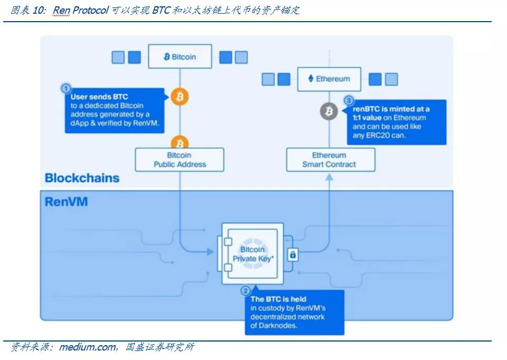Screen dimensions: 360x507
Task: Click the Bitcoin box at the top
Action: click(x=179, y=56)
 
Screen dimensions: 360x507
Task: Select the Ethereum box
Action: click(x=329, y=79)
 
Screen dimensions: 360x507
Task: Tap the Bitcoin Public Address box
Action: click(x=179, y=159)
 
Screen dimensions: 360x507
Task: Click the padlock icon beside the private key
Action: click(x=293, y=254)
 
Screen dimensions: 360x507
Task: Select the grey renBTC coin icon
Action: click(x=329, y=111)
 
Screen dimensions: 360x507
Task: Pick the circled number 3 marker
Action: click(x=348, y=100)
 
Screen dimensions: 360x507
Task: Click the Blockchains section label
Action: click(x=82, y=178)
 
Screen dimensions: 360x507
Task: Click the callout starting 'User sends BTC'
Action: click(x=113, y=109)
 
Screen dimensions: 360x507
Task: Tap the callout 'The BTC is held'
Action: click(x=294, y=312)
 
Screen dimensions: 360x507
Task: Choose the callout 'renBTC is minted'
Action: click(x=396, y=122)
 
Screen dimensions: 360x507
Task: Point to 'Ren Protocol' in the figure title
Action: click(x=81, y=10)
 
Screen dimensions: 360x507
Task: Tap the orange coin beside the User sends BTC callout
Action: click(x=179, y=97)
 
